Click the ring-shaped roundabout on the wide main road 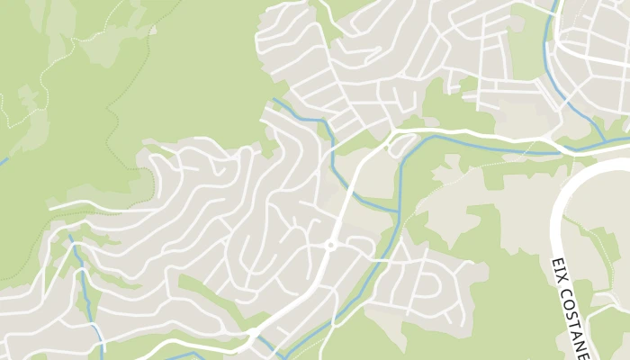(x=330, y=245)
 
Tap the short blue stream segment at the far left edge (x=4, y=161)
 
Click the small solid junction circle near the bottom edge (x=255, y=333)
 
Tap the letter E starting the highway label (x=554, y=263)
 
